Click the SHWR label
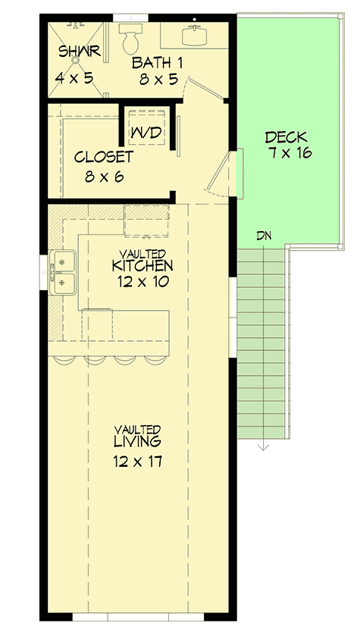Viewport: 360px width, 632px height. tap(74, 52)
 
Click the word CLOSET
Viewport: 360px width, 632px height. tap(104, 158)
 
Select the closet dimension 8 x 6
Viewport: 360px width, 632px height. tap(105, 177)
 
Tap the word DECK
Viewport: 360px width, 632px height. tap(286, 137)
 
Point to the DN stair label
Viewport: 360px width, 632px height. tap(264, 236)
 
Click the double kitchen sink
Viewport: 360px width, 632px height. tap(61, 272)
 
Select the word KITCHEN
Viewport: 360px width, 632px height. tap(142, 266)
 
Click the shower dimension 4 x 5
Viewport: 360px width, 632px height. tap(74, 77)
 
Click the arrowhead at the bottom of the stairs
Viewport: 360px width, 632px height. tap(263, 446)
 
